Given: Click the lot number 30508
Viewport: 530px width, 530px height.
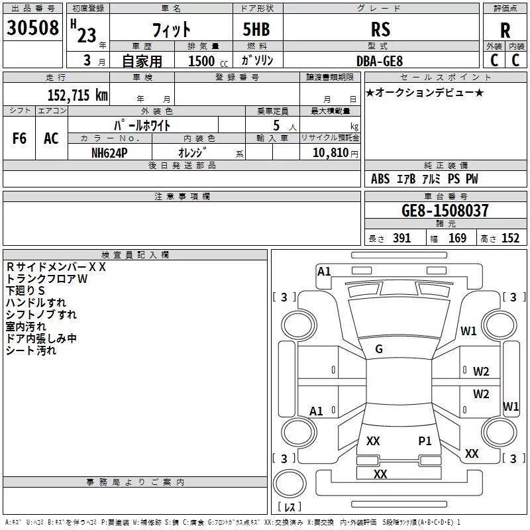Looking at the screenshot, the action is click(32, 28).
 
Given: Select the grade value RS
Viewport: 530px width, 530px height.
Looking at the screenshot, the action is click(380, 29).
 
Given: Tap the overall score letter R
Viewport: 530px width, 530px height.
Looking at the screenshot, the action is click(505, 30).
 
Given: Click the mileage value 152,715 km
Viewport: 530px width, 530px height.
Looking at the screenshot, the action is click(78, 95).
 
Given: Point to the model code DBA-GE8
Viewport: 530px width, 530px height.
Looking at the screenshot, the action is click(380, 61).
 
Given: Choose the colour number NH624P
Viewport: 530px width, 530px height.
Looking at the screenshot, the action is click(109, 153).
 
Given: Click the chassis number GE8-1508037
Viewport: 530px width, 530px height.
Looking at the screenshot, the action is click(445, 210).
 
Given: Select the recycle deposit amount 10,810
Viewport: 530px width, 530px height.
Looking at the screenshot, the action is click(331, 153).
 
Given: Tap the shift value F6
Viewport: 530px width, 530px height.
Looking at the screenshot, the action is click(19, 138).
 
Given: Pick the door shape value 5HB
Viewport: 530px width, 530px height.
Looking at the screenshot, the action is click(256, 29).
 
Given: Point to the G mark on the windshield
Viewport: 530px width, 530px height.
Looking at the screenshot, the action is click(379, 349).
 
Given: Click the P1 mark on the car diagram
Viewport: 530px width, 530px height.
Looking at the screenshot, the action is click(425, 441).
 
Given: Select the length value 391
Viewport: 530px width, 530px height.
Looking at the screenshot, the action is click(401, 238).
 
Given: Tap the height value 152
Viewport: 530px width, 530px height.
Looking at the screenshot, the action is click(510, 238).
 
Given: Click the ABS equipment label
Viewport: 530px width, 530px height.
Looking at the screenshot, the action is click(380, 179).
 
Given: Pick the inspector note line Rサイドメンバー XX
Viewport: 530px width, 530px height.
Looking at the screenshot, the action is click(56, 267).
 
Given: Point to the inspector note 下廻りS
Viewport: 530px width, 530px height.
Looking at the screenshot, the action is click(25, 291).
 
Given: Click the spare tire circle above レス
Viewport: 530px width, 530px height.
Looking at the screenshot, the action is click(290, 484).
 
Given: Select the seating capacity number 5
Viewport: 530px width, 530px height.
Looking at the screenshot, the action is click(276, 125).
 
